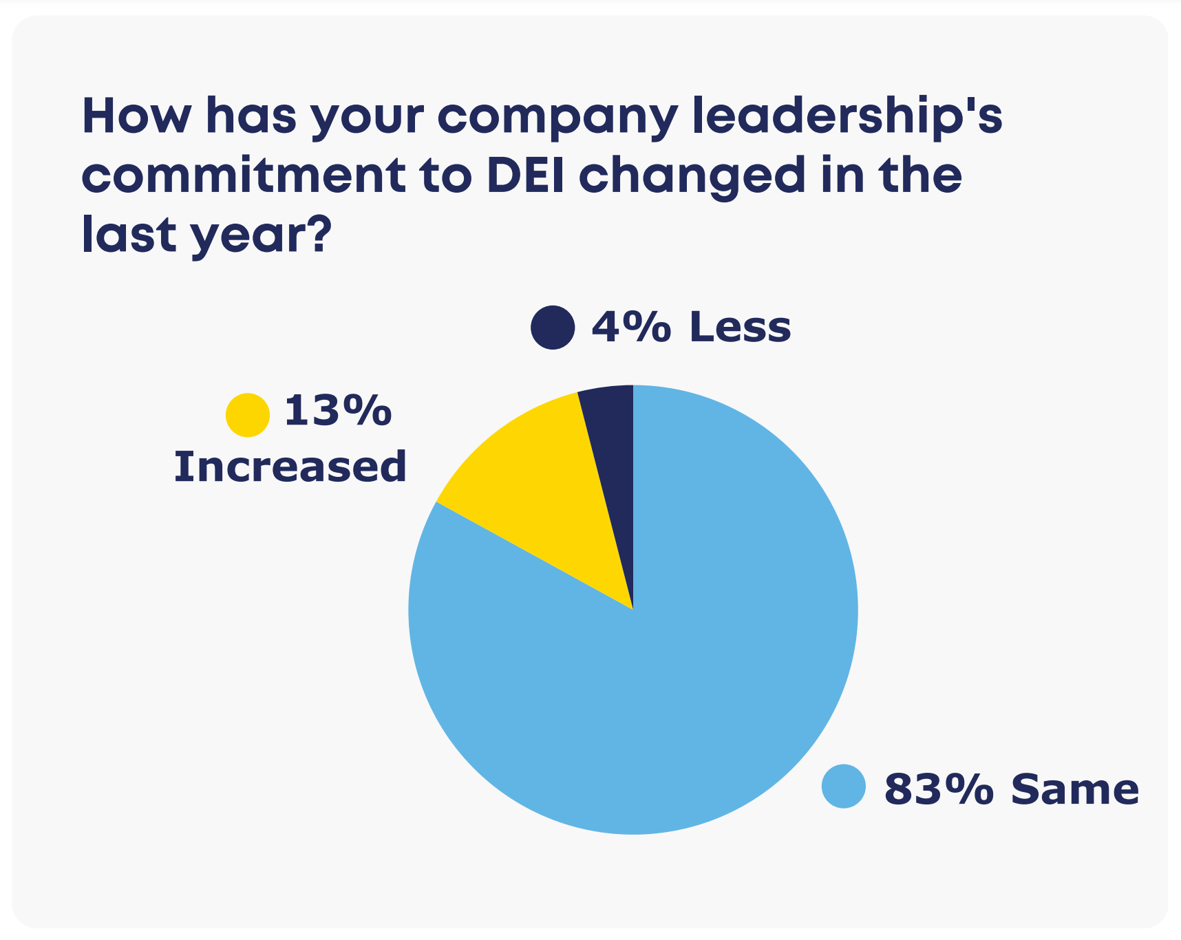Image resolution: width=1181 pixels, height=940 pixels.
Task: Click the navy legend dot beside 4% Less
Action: point(553,327)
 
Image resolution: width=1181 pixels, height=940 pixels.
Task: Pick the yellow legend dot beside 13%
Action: point(247,415)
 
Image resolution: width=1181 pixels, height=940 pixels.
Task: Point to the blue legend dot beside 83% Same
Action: point(843,787)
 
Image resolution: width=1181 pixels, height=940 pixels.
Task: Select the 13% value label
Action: point(338,411)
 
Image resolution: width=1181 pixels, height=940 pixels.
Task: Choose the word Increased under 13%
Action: point(290,467)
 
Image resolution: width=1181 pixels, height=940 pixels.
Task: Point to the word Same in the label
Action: point(1074,789)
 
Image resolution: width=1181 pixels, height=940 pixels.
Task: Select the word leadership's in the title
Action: point(847,117)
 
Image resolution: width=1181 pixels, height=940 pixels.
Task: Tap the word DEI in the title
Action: point(526,175)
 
